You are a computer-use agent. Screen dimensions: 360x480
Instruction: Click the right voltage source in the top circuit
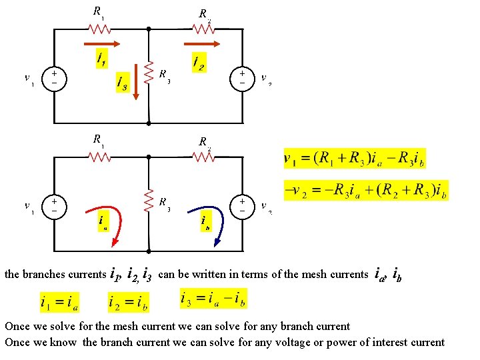241,77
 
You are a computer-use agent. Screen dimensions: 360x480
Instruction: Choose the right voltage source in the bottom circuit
241,205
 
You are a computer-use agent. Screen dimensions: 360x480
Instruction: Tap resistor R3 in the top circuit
149,72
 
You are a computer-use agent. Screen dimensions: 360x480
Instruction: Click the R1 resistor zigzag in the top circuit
99,29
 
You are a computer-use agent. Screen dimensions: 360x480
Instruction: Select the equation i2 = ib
128,303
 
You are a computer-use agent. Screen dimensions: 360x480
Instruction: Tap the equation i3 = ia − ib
213,298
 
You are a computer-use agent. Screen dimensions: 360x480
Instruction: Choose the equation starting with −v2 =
365,191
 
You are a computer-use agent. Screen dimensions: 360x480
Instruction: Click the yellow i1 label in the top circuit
101,60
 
